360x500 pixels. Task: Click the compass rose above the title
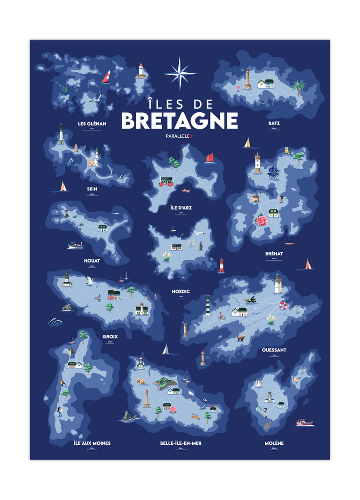point(180,74)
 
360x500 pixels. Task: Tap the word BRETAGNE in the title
point(179,121)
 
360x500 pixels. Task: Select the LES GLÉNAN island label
point(92,124)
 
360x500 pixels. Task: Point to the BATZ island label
point(274,123)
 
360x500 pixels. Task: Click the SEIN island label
point(92,189)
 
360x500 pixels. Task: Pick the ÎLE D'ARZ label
point(181,208)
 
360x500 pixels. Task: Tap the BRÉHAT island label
point(274,253)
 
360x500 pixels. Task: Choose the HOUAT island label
point(92,261)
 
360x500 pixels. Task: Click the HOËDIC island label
point(181,291)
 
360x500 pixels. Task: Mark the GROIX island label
point(110,336)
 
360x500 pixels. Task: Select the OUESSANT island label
point(274,350)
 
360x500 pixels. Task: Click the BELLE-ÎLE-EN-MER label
point(181,443)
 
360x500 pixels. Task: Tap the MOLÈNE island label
point(274,443)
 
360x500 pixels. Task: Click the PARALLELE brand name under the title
point(178,136)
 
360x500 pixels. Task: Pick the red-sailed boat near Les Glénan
point(106,77)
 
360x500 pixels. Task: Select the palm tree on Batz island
point(297,87)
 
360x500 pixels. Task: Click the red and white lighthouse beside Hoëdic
point(221,265)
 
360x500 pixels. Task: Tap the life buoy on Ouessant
point(283,306)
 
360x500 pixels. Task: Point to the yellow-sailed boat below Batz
point(248,142)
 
